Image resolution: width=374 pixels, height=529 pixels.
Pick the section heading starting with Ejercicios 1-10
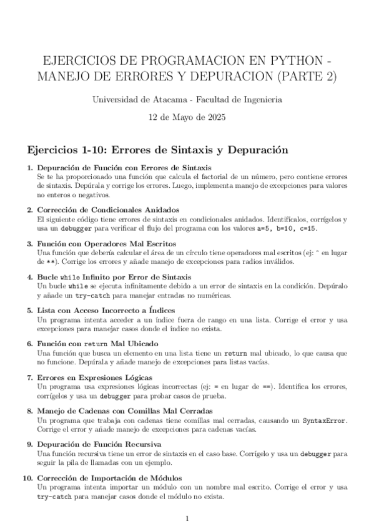149,150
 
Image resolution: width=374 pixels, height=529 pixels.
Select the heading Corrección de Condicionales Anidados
108,210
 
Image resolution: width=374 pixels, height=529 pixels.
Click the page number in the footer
187,518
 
